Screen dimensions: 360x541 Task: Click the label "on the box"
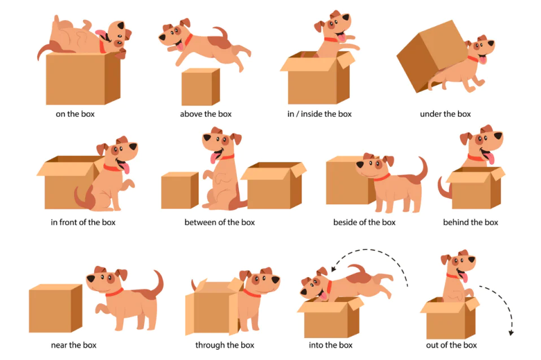75,114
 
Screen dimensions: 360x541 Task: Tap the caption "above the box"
206,114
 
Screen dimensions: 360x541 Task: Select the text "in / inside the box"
319,114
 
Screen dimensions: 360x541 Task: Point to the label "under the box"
445,114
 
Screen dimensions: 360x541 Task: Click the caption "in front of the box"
83,222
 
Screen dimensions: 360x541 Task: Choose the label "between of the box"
219,222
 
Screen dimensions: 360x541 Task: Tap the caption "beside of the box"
364,222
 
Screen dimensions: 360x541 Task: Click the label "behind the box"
470,222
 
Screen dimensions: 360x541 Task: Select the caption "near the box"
73,345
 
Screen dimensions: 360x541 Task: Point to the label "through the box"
225,345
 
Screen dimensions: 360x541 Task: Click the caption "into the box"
330,345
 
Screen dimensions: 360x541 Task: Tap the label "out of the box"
451,345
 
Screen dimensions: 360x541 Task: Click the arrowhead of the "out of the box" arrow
511,332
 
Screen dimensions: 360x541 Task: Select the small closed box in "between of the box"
180,190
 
